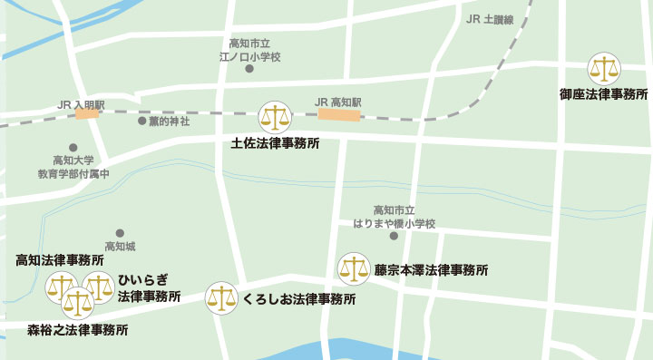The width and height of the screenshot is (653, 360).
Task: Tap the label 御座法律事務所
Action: [603, 93]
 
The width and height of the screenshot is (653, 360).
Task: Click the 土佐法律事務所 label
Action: [275, 142]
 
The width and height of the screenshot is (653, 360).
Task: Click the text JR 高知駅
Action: [337, 102]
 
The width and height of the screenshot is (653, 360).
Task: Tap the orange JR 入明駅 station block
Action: [87, 114]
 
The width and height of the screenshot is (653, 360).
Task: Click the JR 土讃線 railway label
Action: [489, 19]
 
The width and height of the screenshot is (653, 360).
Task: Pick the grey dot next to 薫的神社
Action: [141, 121]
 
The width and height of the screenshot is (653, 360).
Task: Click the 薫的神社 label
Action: [171, 121]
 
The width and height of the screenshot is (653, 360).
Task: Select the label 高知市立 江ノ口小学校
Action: [250, 50]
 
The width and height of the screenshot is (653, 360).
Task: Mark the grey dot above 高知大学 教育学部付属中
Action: [73, 148]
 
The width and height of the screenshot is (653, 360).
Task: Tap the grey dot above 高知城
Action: [120, 232]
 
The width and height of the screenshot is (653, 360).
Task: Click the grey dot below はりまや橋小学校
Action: [394, 237]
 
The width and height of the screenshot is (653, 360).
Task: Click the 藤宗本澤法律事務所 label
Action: [431, 270]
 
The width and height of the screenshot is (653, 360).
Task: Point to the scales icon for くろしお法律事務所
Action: [221, 297]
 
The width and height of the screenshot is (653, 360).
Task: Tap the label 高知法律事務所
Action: [60, 260]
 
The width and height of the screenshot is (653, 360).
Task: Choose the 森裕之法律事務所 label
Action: [77, 329]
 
